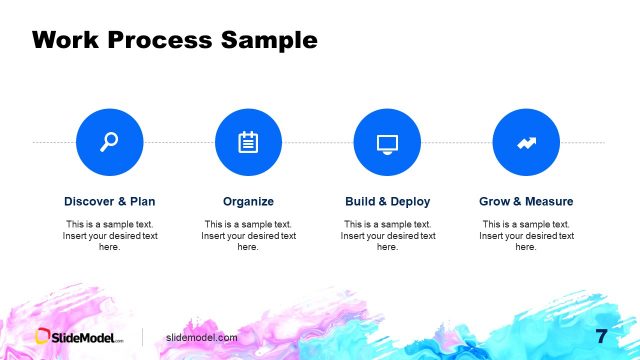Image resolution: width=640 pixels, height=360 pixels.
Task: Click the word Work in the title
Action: pyautogui.click(x=68, y=40)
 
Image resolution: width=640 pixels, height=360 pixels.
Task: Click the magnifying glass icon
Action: pyautogui.click(x=109, y=143)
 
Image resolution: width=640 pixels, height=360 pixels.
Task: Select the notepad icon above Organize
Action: pyautogui.click(x=248, y=143)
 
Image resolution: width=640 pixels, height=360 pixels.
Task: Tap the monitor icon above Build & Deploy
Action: pyautogui.click(x=387, y=143)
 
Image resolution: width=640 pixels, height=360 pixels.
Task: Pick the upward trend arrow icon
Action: pyautogui.click(x=526, y=143)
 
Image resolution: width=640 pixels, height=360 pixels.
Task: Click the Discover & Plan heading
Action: pyautogui.click(x=109, y=201)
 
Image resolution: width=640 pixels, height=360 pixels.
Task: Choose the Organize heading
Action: pyautogui.click(x=248, y=201)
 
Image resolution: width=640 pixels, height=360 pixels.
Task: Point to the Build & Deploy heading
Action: pyautogui.click(x=387, y=201)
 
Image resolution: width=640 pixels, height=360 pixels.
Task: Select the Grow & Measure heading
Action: pyautogui.click(x=526, y=201)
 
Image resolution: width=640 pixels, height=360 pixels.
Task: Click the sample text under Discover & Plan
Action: pyautogui.click(x=109, y=235)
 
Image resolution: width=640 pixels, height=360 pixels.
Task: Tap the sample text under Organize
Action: pyautogui.click(x=248, y=235)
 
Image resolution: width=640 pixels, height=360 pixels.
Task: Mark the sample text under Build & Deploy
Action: pyautogui.click(x=387, y=235)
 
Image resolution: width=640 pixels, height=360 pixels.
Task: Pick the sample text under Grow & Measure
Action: pyautogui.click(x=526, y=235)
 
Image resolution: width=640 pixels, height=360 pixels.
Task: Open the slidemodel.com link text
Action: pyautogui.click(x=201, y=338)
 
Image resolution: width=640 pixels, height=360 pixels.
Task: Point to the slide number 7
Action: pyautogui.click(x=601, y=336)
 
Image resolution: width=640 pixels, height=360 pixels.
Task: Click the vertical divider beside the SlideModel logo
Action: pyautogui.click(x=142, y=337)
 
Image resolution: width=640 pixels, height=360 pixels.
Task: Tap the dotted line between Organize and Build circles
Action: pyautogui.click(x=318, y=143)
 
